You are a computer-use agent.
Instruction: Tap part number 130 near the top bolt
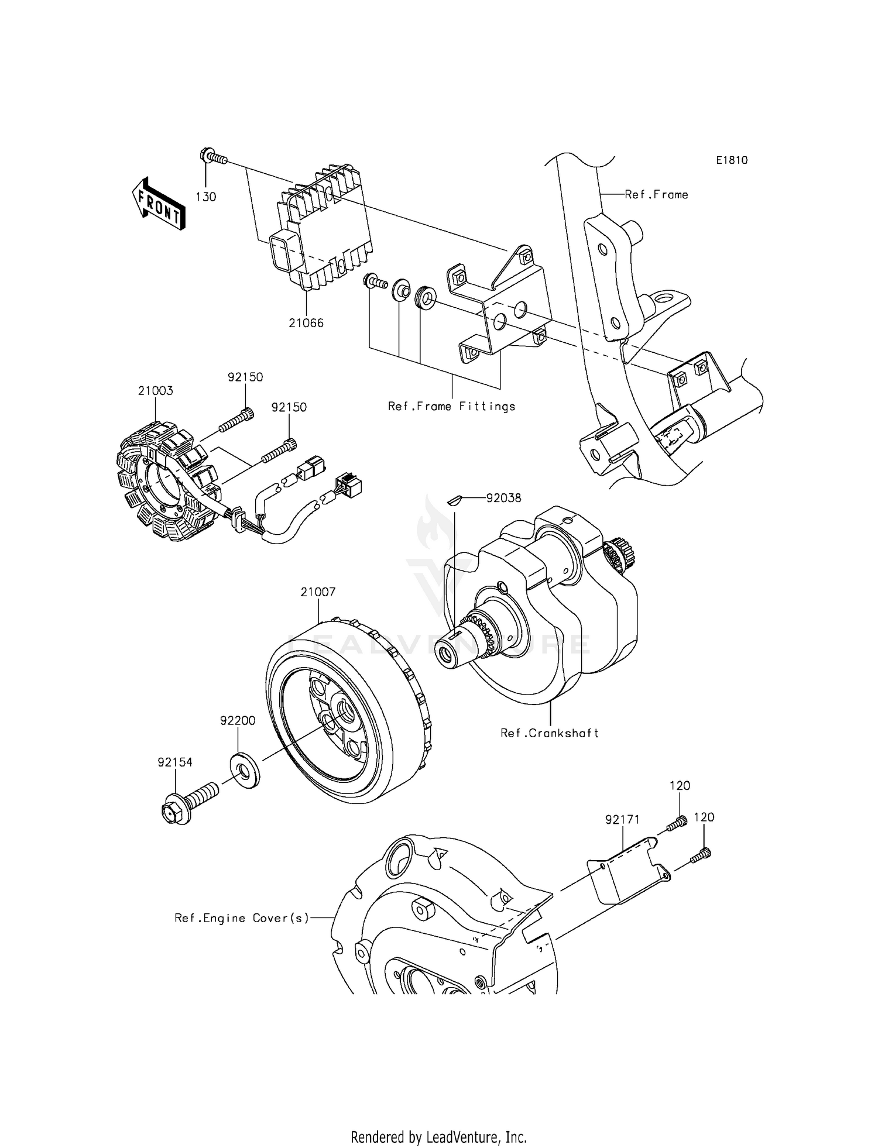pos(205,197)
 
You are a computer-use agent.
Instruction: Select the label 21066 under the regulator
pos(306,323)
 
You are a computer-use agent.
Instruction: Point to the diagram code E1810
pos(731,160)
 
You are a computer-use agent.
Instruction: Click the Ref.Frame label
pos(656,195)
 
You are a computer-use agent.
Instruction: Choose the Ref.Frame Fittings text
pos(451,407)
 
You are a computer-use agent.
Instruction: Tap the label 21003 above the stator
pos(155,391)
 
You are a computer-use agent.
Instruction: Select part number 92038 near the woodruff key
pos(503,498)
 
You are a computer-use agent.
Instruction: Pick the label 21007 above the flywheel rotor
pos(318,592)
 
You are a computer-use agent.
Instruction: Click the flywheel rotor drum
pos(345,708)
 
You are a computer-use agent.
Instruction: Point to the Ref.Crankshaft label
pos(549,733)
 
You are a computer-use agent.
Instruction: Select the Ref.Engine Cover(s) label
pos(242,918)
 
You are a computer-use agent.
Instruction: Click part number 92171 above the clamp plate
pos(623,820)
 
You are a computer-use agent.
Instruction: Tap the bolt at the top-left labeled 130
pos(214,157)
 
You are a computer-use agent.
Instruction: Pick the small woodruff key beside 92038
pos(455,499)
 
